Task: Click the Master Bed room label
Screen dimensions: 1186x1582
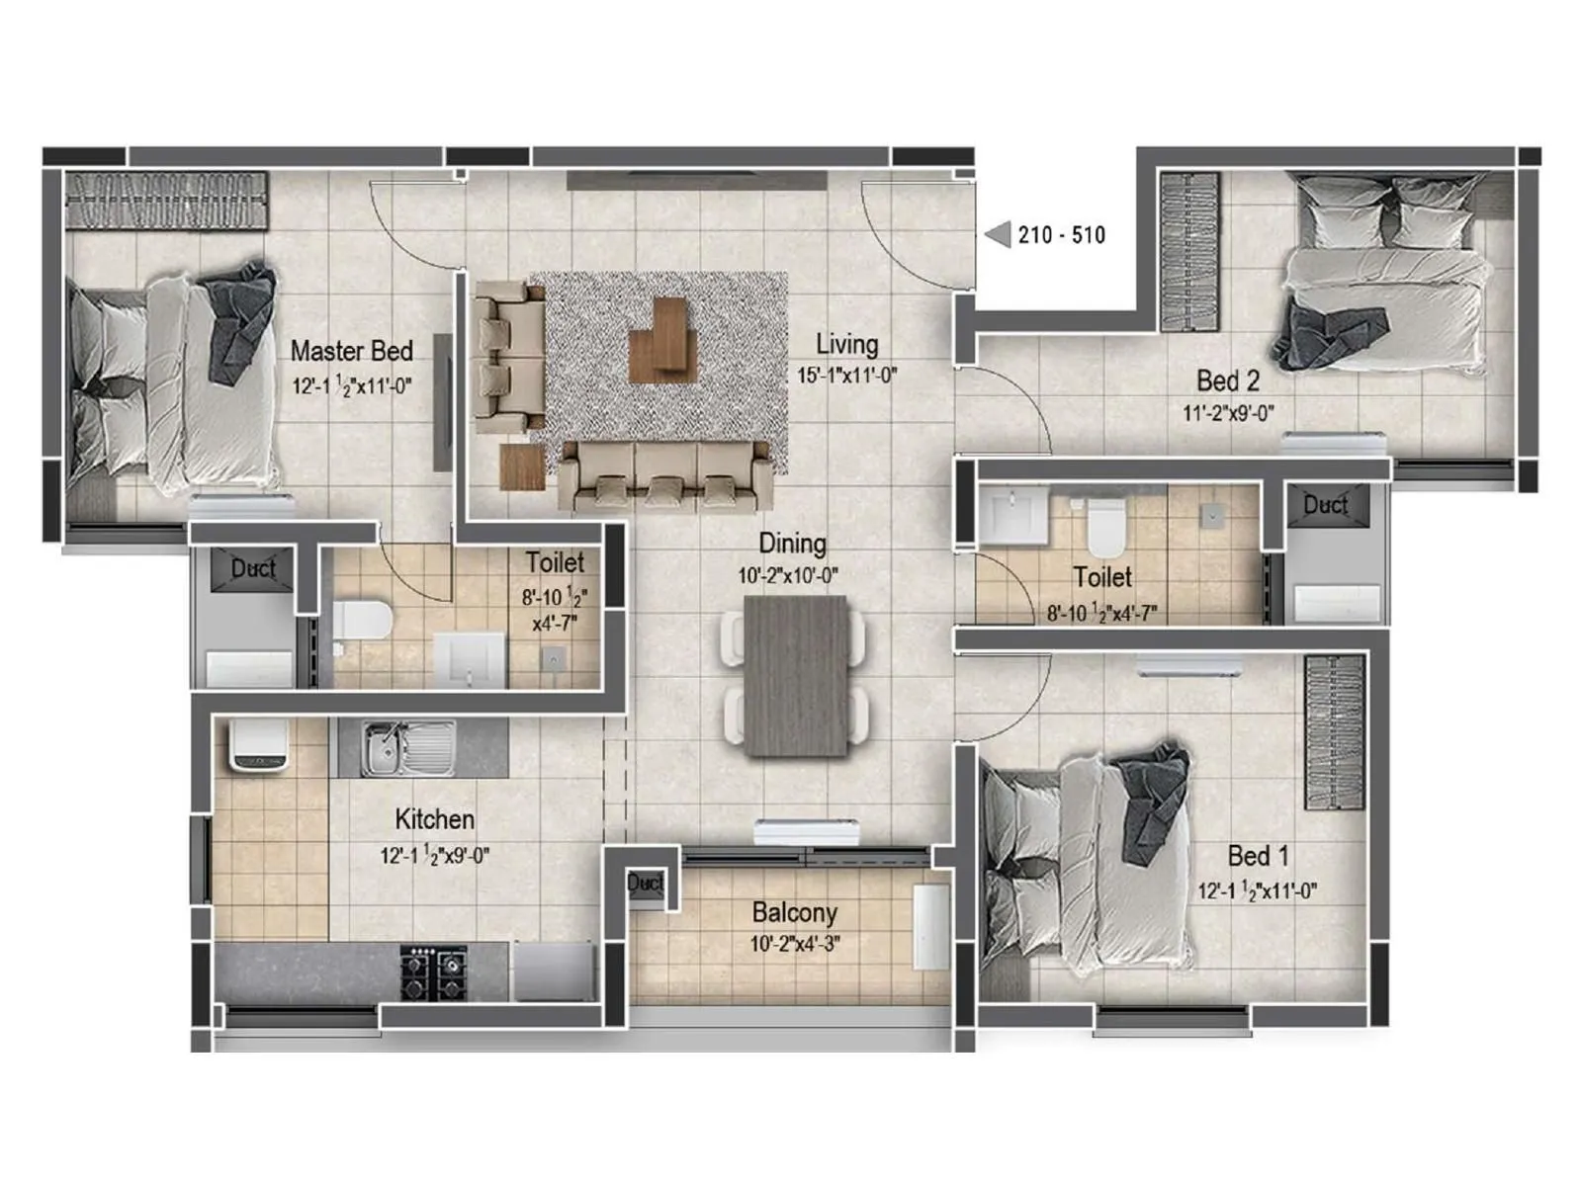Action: tap(351, 351)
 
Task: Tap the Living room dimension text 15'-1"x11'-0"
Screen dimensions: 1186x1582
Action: tap(846, 376)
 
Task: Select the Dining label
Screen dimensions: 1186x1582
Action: tap(792, 544)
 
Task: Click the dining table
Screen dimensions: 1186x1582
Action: tap(796, 676)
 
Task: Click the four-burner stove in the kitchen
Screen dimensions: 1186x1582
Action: tap(433, 973)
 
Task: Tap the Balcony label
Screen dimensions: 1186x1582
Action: tap(794, 912)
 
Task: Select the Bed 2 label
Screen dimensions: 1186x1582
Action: tap(1228, 381)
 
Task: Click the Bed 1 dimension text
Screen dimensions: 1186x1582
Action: tap(1257, 891)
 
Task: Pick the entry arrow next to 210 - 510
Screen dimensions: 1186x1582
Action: tap(998, 234)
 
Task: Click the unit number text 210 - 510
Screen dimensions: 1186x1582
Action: tap(1062, 235)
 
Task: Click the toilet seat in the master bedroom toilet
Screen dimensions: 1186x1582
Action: tap(360, 621)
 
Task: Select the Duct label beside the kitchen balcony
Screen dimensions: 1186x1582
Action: tap(645, 883)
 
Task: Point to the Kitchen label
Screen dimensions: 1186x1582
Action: tap(434, 819)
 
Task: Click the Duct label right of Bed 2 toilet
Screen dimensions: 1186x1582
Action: tap(1325, 505)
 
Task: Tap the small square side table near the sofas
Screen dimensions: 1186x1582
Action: tap(522, 466)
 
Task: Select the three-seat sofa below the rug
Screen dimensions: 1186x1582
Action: tap(665, 475)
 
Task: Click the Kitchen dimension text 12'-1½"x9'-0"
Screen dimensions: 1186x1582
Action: tap(434, 856)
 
